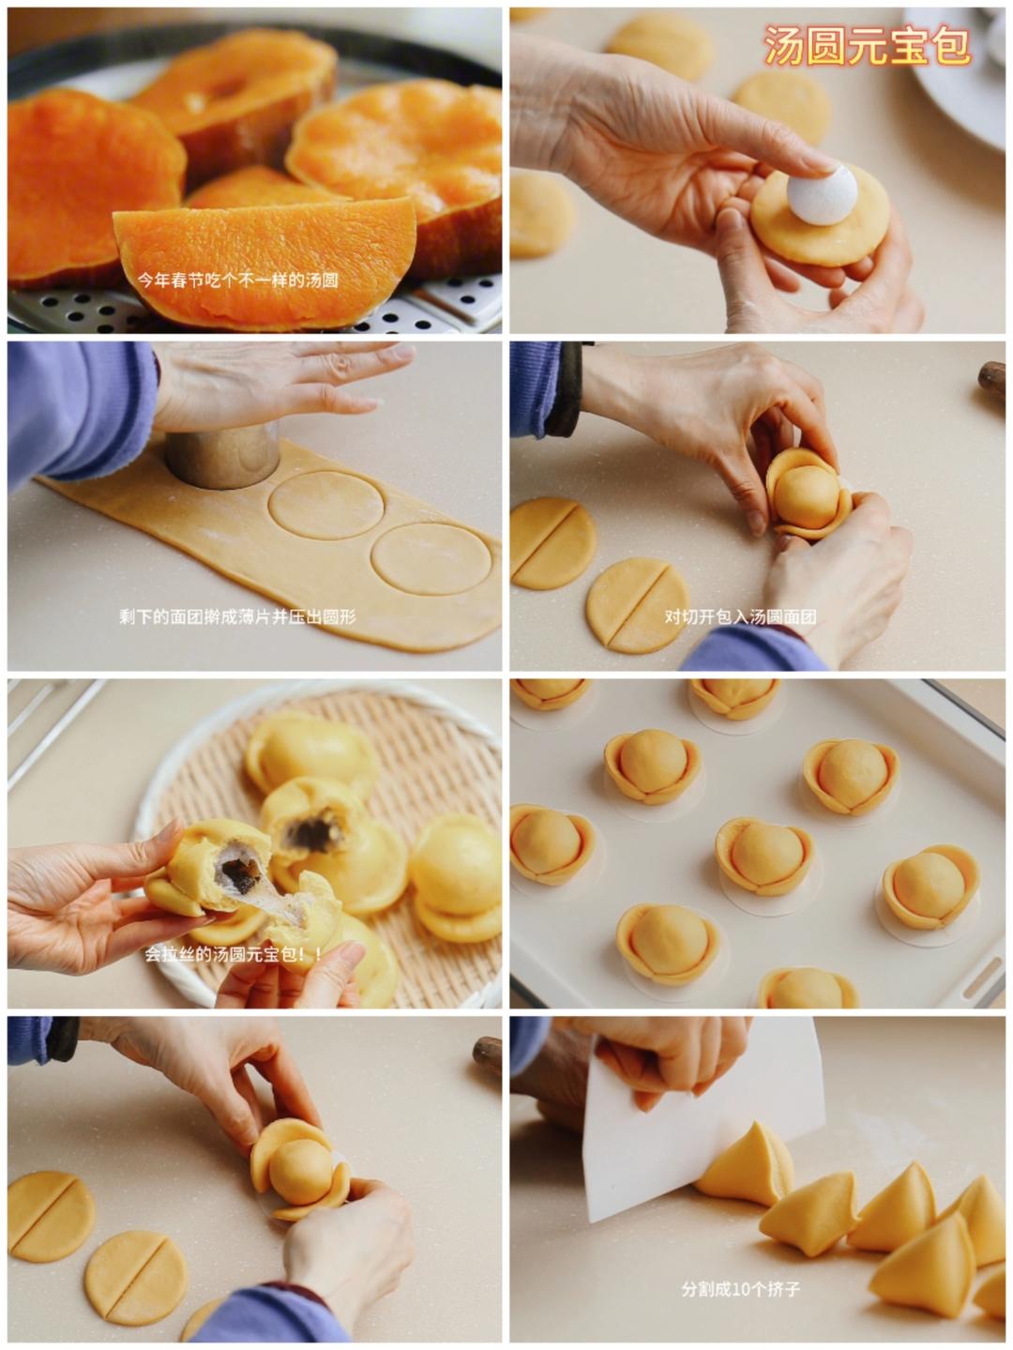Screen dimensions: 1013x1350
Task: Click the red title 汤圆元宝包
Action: tap(867, 46)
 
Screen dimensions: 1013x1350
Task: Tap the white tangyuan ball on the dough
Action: tap(822, 194)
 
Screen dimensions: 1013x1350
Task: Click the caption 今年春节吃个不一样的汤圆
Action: tap(237, 281)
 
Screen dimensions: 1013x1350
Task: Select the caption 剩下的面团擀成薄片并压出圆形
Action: tap(237, 616)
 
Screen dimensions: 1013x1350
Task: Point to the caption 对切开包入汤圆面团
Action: tap(740, 616)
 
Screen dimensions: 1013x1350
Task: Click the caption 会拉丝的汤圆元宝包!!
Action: tap(234, 954)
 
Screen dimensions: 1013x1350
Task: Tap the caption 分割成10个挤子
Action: tap(741, 1289)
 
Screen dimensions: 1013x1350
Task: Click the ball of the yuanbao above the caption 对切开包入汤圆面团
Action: tap(807, 496)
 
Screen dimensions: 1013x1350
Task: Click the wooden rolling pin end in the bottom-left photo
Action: tap(488, 1054)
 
